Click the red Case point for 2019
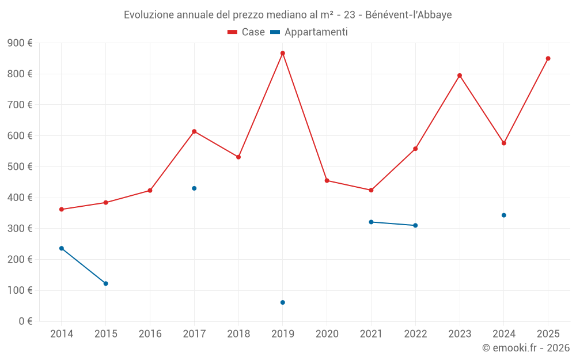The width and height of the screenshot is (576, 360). (282, 53)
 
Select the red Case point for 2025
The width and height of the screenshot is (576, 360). (548, 58)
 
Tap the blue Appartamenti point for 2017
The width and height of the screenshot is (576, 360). (194, 188)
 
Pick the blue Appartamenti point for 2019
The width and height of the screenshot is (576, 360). (282, 302)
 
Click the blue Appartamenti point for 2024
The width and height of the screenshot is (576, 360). (503, 215)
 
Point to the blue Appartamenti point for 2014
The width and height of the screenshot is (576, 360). (62, 248)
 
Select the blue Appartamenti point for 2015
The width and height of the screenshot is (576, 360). (105, 283)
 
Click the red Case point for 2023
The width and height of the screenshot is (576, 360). (460, 75)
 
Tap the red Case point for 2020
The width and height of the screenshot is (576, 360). (327, 180)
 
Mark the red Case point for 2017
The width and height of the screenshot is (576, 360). (194, 131)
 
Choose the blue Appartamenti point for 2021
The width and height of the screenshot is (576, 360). (371, 222)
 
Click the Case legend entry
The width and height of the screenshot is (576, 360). (246, 32)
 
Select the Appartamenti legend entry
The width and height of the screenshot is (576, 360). (309, 32)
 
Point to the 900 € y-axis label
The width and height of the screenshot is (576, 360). (20, 43)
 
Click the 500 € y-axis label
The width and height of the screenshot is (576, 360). (20, 166)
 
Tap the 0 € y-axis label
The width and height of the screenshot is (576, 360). (25, 321)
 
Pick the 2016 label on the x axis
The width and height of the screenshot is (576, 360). (150, 334)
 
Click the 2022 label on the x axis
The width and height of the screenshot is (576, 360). (415, 334)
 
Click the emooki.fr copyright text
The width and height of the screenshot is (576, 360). (525, 348)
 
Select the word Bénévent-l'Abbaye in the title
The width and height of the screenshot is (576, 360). (408, 15)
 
